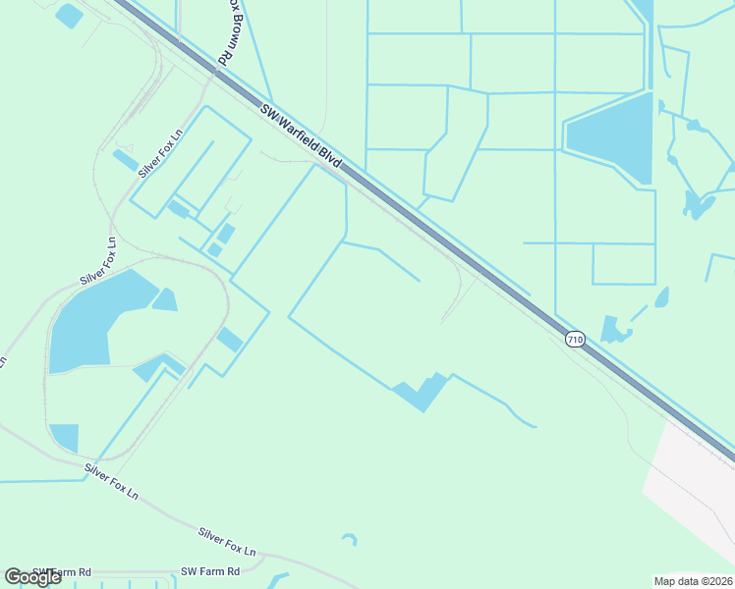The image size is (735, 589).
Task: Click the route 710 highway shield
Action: (575, 340)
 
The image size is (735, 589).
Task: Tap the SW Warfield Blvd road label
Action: (302, 137)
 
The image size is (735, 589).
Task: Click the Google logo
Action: (33, 577)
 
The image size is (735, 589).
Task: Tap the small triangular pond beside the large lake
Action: (164, 299)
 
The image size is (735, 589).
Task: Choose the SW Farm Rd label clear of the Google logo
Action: (210, 571)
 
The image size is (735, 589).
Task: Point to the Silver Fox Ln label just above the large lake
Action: (98, 262)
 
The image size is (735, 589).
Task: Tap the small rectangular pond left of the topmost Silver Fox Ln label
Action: (125, 160)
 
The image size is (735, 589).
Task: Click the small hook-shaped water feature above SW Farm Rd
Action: (350, 539)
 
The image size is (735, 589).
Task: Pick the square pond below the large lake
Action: (64, 437)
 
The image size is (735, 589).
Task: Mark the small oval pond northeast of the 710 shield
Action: (661, 296)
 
